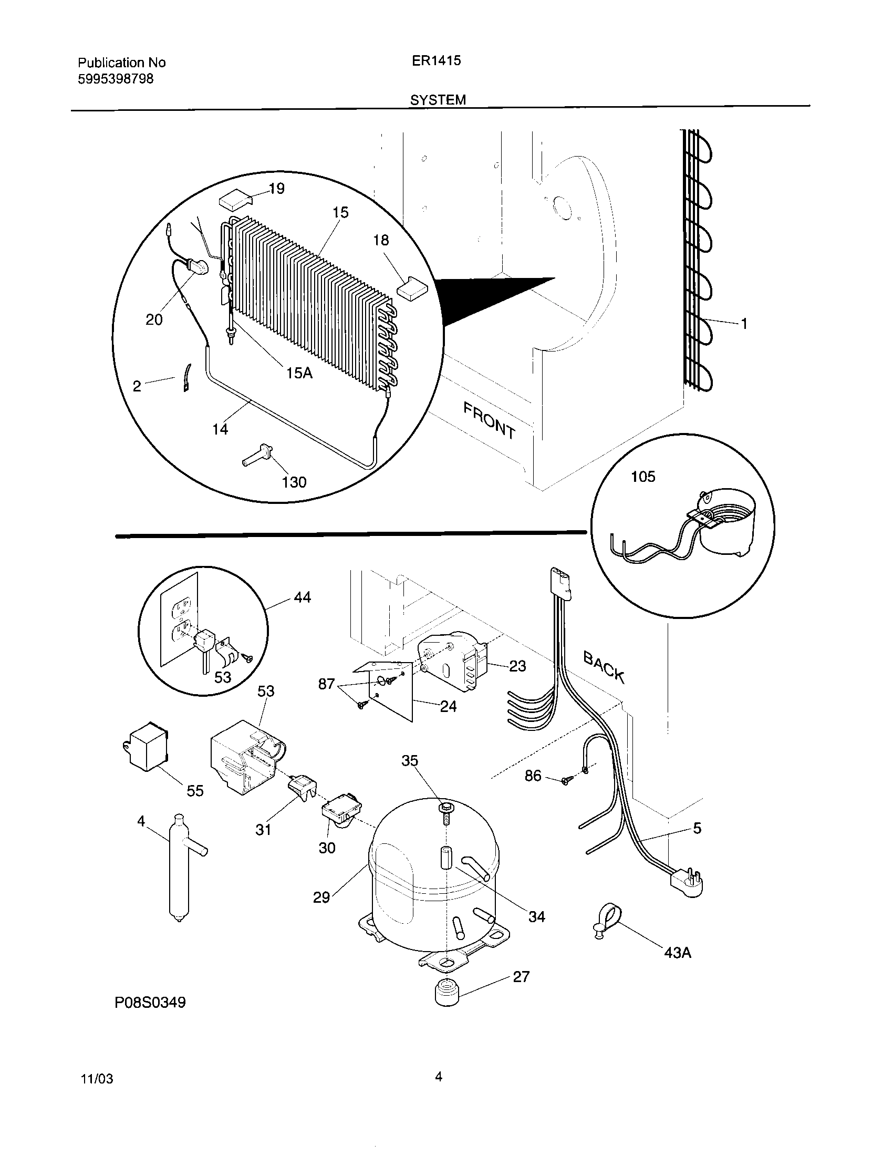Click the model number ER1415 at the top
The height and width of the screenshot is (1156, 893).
click(437, 60)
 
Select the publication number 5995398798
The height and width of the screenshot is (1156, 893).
click(116, 79)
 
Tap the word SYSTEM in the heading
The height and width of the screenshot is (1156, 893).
click(438, 100)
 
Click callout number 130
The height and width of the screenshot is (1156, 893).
click(294, 482)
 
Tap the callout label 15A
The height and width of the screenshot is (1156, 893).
click(299, 373)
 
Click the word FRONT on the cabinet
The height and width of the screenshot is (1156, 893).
click(489, 421)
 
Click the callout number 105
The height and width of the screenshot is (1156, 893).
click(643, 477)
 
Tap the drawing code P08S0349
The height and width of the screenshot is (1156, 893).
click(150, 1003)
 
